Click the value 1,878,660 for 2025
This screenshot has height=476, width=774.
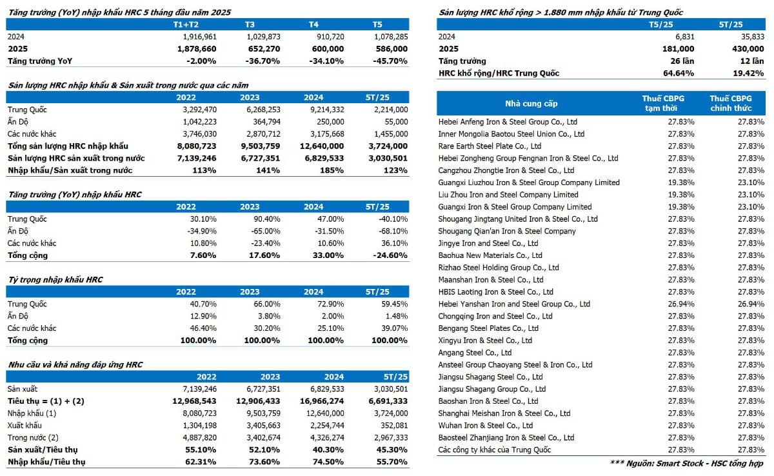pos(197,49)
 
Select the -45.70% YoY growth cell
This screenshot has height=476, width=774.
pos(390,61)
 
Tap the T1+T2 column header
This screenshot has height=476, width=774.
pos(186,25)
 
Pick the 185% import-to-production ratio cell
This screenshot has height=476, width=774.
pos(332,170)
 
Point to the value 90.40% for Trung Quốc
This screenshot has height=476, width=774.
pos(266,219)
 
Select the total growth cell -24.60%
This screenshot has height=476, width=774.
pos(390,255)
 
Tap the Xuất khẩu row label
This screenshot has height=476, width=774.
pos(25,425)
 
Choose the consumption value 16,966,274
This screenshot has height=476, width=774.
pos(322,401)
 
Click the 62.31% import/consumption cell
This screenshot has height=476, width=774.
pos(201,462)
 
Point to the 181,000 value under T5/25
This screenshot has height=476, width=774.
pos(678,49)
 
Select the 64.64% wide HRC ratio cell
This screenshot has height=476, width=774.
pos(679,74)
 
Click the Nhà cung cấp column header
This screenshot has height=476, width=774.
pos(531,104)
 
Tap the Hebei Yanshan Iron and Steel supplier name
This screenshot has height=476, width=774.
pos(514,304)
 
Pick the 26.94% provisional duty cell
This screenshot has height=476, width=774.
pos(680,304)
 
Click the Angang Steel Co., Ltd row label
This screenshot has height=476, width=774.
pos(475,353)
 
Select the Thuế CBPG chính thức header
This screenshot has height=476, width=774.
pos(731,103)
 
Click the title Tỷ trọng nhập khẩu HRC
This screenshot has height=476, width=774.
pos(55,279)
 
